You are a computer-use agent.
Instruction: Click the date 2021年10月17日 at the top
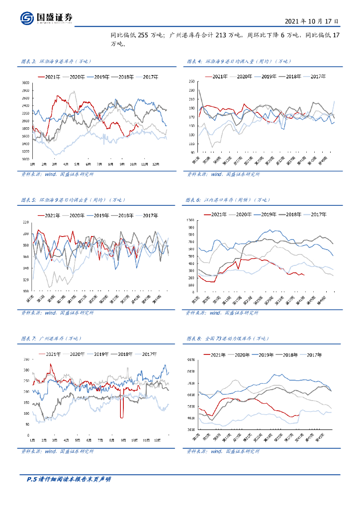(312, 21)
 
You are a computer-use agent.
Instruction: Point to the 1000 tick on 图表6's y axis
(190, 220)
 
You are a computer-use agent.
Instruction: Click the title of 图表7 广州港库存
(45, 339)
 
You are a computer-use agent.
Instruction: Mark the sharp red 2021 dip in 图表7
(121, 410)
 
